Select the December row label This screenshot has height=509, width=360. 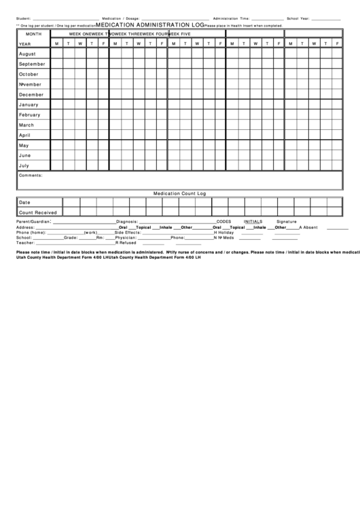point(31,94)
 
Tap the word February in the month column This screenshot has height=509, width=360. point(30,115)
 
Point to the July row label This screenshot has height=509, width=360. point(24,165)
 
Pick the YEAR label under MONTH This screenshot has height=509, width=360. point(24,43)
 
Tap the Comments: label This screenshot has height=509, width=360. point(31,175)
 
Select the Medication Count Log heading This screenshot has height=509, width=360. point(179,193)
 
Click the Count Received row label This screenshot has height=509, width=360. point(38,213)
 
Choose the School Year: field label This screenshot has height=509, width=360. point(299,18)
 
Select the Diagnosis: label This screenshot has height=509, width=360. point(127,222)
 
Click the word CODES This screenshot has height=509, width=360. point(223,222)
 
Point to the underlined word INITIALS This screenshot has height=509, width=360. point(253,222)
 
